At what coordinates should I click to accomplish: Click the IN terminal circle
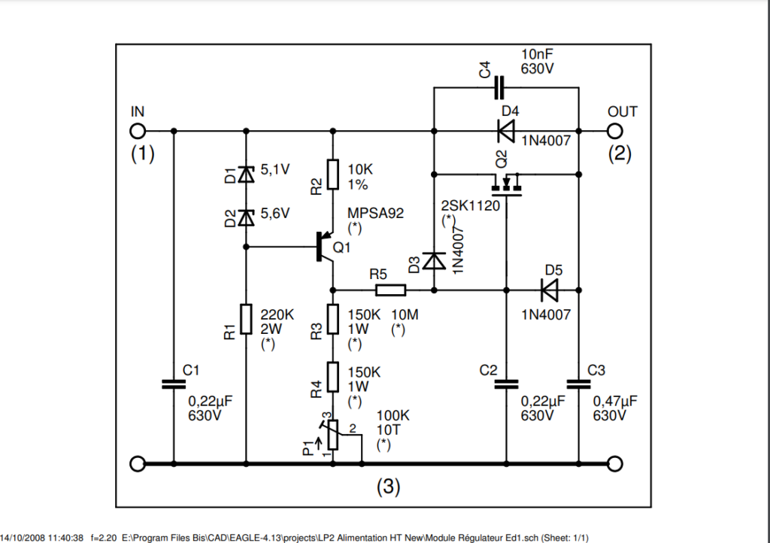(x=138, y=131)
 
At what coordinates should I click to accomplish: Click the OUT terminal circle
(x=615, y=131)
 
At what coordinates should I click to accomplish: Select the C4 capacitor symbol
(x=499, y=88)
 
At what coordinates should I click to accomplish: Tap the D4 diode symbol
(x=506, y=131)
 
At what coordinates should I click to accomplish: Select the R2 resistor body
(x=333, y=174)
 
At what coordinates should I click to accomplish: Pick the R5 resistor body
(x=390, y=290)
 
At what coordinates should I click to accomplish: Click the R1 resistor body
(x=246, y=319)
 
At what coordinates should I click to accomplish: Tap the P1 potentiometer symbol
(x=333, y=435)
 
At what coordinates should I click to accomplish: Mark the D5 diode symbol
(x=549, y=290)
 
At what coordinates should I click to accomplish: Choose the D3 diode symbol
(x=434, y=261)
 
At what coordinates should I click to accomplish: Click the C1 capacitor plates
(x=174, y=384)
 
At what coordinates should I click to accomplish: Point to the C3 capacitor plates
(x=578, y=384)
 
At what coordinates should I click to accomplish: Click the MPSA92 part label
(x=376, y=213)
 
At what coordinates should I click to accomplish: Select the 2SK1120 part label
(x=471, y=206)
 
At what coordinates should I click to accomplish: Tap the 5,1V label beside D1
(x=275, y=170)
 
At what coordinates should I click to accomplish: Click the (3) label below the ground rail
(x=389, y=487)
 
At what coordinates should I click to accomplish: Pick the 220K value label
(x=277, y=314)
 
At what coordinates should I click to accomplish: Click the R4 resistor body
(x=333, y=377)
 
